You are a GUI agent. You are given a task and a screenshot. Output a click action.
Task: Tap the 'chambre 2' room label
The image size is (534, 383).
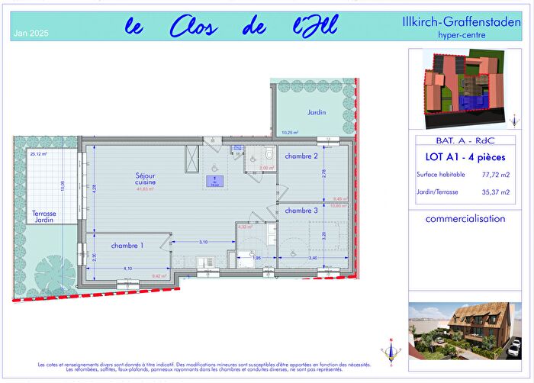coord(301,156)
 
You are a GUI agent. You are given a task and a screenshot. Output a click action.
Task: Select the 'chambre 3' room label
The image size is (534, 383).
coord(301,210)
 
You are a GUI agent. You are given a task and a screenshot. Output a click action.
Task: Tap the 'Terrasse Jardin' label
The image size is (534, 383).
coord(47,217)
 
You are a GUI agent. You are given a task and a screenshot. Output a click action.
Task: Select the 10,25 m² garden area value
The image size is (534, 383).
coord(290,133)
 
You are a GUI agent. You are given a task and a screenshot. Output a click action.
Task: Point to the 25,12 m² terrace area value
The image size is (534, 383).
coord(38,154)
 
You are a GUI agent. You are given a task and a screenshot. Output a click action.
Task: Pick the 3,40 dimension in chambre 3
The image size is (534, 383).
coord(313,259)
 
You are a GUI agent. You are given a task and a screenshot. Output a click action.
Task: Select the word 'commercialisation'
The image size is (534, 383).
coord(465,218)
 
